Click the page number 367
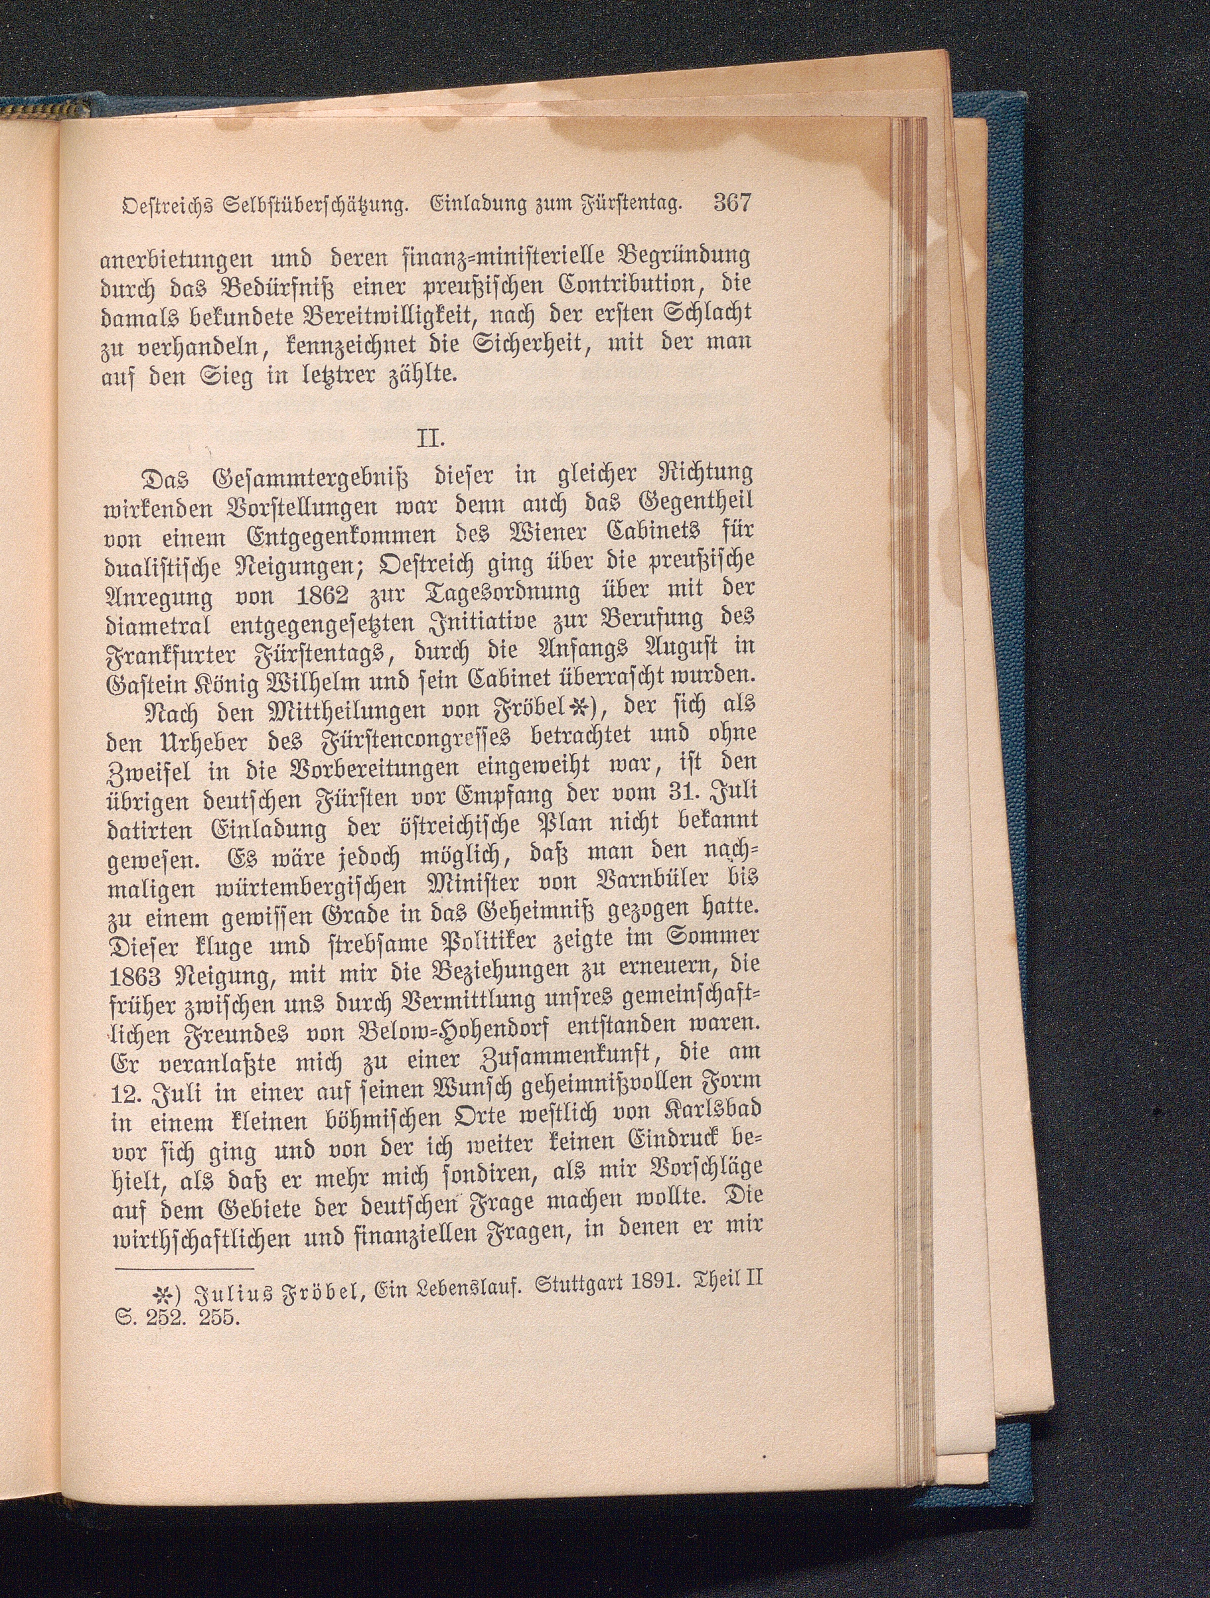pos(732,202)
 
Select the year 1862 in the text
pos(317,597)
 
